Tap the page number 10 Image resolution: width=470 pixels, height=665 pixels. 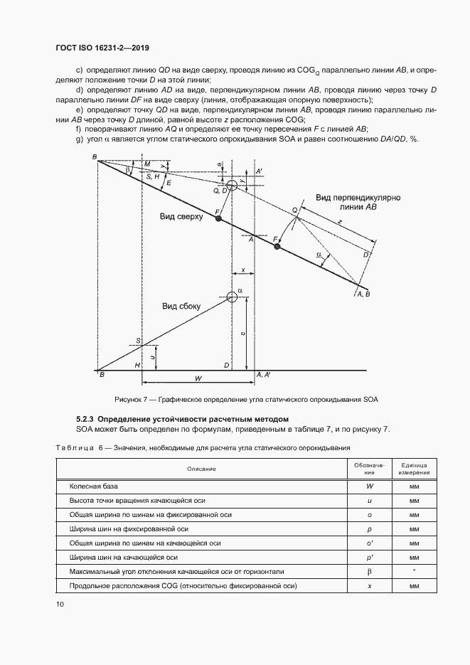[x=60, y=604]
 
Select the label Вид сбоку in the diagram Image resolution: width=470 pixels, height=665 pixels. [x=181, y=306]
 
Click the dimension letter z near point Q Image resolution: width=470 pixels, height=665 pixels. [x=339, y=223]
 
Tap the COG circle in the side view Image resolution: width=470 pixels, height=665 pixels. [x=231, y=297]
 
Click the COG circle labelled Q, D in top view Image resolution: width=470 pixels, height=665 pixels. [x=233, y=186]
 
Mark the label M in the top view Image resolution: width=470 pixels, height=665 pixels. [x=147, y=164]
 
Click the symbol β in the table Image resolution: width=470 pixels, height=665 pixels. [x=360, y=571]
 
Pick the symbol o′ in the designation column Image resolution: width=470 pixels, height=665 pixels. [x=360, y=543]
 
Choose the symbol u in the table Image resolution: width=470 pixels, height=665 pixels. [x=360, y=501]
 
